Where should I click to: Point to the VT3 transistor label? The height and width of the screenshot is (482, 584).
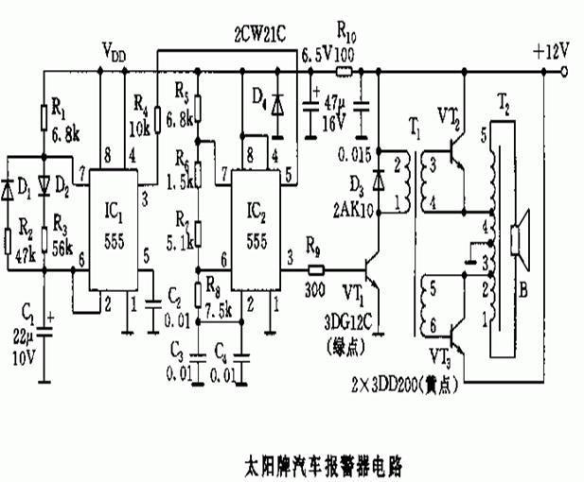pyautogui.click(x=438, y=356)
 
